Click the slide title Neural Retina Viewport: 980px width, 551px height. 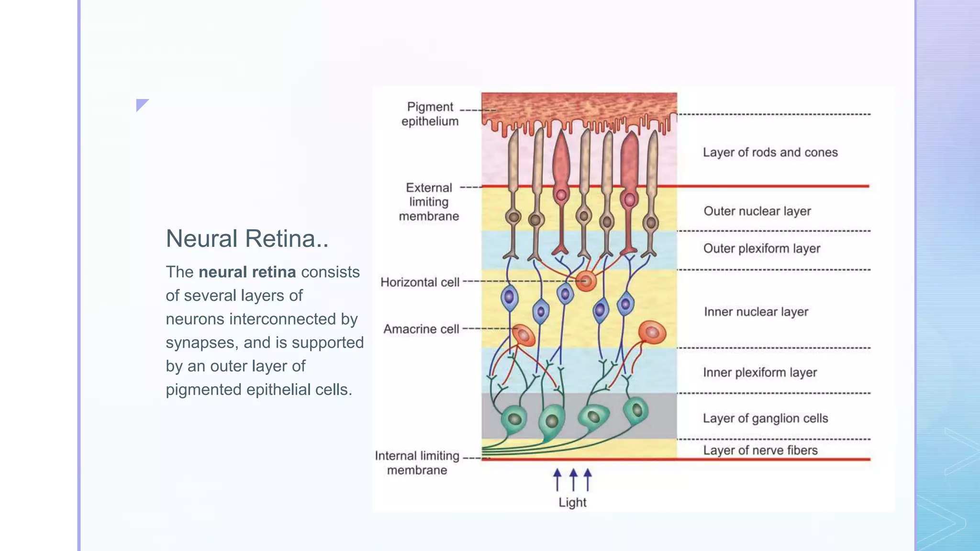pyautogui.click(x=246, y=239)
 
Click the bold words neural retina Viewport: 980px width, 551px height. pyautogui.click(x=247, y=272)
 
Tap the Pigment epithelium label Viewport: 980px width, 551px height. pyautogui.click(x=430, y=114)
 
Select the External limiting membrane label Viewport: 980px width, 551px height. pyautogui.click(x=429, y=202)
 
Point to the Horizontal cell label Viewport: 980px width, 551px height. pyautogui.click(x=420, y=282)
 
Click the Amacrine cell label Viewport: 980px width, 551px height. pyautogui.click(x=421, y=329)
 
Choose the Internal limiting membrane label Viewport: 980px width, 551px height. pyautogui.click(x=417, y=463)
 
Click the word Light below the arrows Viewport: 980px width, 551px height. pyautogui.click(x=572, y=502)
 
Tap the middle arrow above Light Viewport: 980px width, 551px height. pyautogui.click(x=573, y=479)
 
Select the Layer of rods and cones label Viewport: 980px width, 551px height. pyautogui.click(x=770, y=153)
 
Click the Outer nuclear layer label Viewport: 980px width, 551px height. pyautogui.click(x=757, y=211)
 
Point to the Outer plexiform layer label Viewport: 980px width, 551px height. pyautogui.click(x=761, y=249)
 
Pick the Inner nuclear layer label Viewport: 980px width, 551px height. pyautogui.click(x=756, y=312)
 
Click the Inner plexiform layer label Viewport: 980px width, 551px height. pyautogui.click(x=759, y=373)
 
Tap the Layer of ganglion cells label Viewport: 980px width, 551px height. pyautogui.click(x=765, y=419)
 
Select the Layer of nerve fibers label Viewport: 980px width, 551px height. pyautogui.click(x=760, y=450)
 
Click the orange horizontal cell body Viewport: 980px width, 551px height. pyautogui.click(x=586, y=281)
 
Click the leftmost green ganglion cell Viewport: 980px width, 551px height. pyautogui.click(x=514, y=419)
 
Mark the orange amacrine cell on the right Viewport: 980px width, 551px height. pyautogui.click(x=652, y=332)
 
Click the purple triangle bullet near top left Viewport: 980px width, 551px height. pyautogui.click(x=141, y=104)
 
